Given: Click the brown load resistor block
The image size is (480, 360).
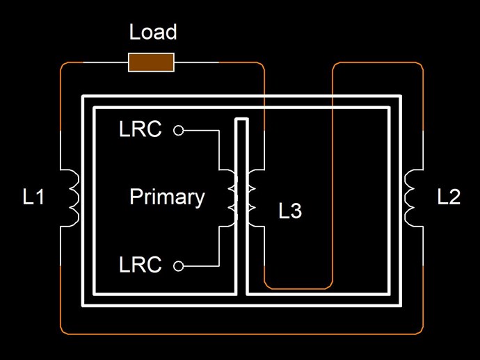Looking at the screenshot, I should click(151, 63).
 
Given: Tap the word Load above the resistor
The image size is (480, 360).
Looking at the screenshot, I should click(153, 32).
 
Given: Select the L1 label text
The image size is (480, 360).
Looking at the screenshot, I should click(33, 197).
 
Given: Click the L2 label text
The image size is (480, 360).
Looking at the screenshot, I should click(449, 197).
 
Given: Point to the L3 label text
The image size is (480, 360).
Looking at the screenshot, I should click(290, 211).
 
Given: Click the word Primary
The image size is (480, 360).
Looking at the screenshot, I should click(167, 197).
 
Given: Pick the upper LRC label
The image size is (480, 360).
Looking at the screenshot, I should click(141, 130).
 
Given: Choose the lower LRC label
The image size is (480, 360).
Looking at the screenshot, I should click(141, 265).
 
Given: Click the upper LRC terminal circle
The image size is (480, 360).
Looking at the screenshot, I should click(179, 130).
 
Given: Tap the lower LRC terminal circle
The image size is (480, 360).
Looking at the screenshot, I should click(179, 265).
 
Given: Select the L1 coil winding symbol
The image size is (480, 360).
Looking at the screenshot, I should click(74, 197).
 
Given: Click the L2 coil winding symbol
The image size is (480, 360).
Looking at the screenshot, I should click(410, 197).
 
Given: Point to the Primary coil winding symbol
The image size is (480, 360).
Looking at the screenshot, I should click(230, 197).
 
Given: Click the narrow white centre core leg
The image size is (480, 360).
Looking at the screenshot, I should click(241, 208).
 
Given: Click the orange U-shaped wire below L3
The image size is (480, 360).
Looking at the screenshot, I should click(299, 288).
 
